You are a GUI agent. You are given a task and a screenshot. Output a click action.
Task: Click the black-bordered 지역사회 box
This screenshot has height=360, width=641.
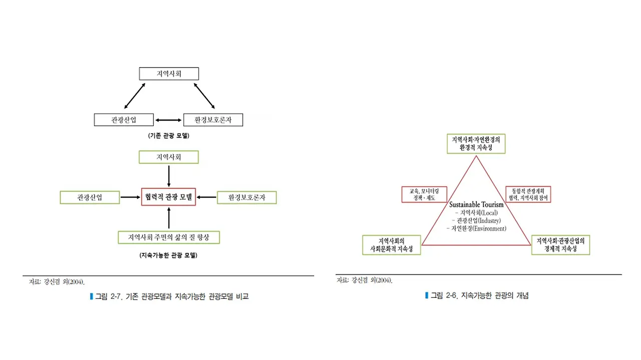click(x=169, y=74)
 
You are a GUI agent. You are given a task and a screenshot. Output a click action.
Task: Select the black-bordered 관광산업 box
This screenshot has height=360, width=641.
click(x=123, y=120)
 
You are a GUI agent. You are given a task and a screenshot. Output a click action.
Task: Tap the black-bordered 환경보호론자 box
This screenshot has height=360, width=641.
click(x=213, y=120)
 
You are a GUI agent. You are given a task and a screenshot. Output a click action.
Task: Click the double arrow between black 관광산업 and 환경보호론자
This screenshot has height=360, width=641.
click(x=168, y=120)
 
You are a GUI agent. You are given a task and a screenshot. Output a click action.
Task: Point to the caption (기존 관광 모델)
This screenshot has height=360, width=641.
click(x=169, y=136)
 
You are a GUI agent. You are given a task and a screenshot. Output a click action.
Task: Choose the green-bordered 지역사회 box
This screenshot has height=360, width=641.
click(x=169, y=157)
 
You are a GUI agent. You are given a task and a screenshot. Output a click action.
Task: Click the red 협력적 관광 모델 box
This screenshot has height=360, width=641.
click(x=169, y=197)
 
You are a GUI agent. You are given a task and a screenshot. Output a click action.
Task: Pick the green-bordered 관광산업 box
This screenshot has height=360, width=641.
click(x=90, y=197)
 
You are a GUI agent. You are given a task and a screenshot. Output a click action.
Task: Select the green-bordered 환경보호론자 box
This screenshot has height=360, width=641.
click(x=246, y=197)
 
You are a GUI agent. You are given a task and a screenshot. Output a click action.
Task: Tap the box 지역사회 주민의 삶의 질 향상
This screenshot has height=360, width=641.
click(x=168, y=237)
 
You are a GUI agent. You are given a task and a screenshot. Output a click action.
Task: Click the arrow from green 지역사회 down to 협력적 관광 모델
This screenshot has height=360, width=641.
click(x=169, y=176)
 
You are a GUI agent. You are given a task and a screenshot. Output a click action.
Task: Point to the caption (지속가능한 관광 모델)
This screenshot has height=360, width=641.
click(x=168, y=255)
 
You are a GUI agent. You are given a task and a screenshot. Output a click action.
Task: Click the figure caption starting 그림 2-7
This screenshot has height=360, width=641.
click(x=170, y=296)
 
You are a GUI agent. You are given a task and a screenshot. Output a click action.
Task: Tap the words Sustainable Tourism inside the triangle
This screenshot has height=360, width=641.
click(x=476, y=205)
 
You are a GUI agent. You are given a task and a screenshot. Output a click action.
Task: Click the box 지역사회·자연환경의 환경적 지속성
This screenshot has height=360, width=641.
click(x=476, y=143)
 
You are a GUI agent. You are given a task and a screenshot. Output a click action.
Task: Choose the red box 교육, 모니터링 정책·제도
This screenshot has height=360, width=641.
click(x=424, y=194)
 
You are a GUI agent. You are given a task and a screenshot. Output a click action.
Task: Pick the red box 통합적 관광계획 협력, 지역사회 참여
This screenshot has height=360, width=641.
click(x=528, y=194)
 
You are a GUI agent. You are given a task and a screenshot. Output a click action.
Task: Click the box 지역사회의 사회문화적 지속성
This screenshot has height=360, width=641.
click(x=391, y=245)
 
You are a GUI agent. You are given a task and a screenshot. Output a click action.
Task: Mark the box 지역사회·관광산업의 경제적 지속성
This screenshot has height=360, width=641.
click(x=560, y=245)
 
